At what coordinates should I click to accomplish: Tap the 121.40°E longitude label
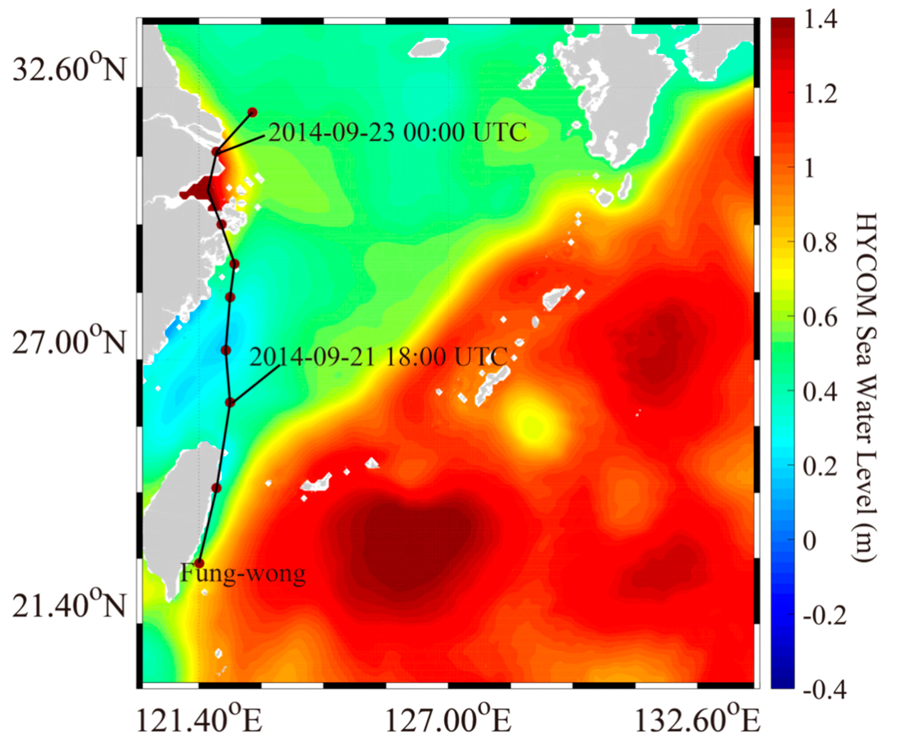(199, 721)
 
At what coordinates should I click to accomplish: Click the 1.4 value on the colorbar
(820, 21)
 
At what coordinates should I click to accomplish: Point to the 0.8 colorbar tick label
(820, 243)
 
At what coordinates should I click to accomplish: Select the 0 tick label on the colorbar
(810, 540)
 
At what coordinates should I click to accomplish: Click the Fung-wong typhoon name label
(243, 573)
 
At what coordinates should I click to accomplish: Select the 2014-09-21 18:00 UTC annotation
(378, 357)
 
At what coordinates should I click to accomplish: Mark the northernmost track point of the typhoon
(253, 112)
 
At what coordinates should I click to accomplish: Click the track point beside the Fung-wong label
(199, 563)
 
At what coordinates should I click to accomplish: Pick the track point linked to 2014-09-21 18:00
(230, 402)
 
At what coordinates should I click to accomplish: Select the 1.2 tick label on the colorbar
(820, 94)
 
